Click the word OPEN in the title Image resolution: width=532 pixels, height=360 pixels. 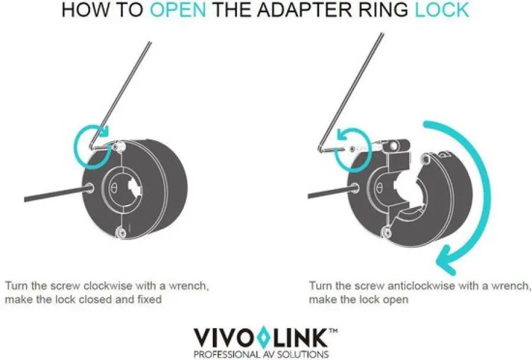[x=178, y=10]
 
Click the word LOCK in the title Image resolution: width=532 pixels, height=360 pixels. [x=442, y=10]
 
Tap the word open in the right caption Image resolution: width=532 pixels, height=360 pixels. [x=395, y=300]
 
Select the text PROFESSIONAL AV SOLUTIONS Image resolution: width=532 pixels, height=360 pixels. [x=261, y=354]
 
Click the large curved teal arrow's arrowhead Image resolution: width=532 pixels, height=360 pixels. [x=446, y=262]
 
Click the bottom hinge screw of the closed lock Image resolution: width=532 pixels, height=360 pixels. [x=121, y=233]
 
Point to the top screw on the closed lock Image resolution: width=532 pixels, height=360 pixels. [x=119, y=147]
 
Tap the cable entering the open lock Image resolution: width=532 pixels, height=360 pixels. [x=332, y=192]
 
